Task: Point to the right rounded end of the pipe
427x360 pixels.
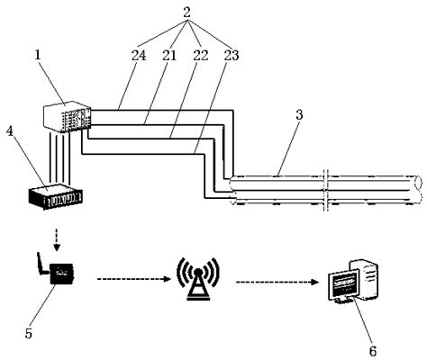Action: click(415, 198)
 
